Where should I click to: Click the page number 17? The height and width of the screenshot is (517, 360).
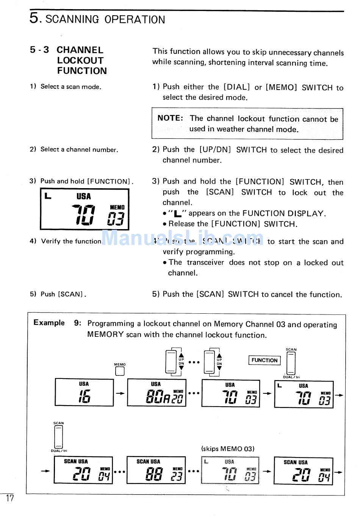(x=9, y=498)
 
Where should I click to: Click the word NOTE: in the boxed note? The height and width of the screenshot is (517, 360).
(x=170, y=118)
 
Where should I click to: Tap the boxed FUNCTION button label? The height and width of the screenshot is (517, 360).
(x=265, y=360)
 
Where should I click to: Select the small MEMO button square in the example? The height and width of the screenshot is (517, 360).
(x=120, y=371)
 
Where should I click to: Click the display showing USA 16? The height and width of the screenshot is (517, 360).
(x=84, y=393)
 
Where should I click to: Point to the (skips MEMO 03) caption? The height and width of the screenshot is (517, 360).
(x=228, y=449)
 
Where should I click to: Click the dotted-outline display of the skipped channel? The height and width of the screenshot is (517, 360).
(x=230, y=470)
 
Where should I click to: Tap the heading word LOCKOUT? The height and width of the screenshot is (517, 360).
(x=80, y=60)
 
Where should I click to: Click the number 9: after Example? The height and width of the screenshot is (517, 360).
(x=78, y=323)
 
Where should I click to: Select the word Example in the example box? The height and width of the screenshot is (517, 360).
(x=49, y=323)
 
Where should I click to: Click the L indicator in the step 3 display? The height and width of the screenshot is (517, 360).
(x=47, y=196)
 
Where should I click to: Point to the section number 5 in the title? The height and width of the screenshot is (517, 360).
(x=34, y=18)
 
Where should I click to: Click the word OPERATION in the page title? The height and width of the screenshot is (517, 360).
(x=135, y=19)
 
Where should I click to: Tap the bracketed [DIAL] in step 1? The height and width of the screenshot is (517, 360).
(x=237, y=87)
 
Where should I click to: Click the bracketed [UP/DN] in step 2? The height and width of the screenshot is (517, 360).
(x=215, y=149)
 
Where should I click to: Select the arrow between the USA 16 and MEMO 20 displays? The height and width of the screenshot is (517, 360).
(x=120, y=393)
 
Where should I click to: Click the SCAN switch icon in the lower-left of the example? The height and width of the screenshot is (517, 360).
(x=58, y=437)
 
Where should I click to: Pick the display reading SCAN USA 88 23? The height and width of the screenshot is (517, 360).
(x=156, y=470)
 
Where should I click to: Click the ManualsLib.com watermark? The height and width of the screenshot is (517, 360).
(x=183, y=238)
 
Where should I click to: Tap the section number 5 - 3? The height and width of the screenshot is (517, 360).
(x=39, y=50)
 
